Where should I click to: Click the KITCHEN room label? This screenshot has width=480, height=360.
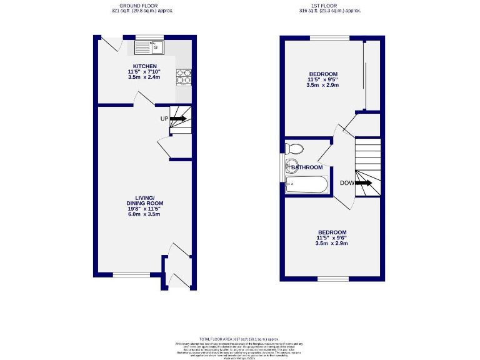pos(144,66)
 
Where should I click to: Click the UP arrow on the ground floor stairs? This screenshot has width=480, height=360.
pos(178,118)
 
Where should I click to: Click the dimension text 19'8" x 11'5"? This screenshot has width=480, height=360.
pos(144,209)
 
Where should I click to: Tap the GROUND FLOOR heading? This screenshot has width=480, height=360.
pos(142,5)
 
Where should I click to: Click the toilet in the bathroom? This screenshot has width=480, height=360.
pos(292,149)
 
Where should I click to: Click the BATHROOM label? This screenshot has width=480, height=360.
pos(306,167)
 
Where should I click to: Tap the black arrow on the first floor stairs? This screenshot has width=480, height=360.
pos(365,183)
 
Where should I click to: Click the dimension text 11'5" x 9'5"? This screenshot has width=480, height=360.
pos(322,79)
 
